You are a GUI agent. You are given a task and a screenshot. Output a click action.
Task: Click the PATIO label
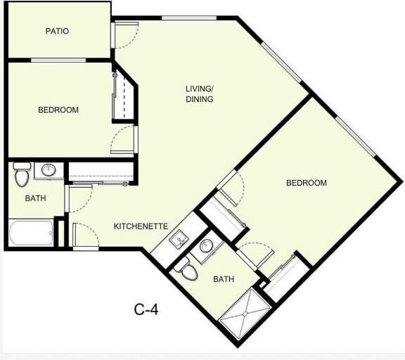[x=58, y=31]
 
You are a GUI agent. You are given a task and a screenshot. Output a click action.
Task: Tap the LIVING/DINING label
[x=199, y=94]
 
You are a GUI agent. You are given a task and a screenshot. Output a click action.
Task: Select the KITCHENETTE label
[x=141, y=226]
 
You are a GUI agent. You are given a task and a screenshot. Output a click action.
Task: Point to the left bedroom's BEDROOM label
[x=58, y=110]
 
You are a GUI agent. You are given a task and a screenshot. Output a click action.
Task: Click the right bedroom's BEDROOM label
[x=306, y=184]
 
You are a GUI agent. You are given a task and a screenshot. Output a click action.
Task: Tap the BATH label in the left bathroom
[x=35, y=198]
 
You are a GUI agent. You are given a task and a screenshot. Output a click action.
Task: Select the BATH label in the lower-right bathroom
[x=224, y=279]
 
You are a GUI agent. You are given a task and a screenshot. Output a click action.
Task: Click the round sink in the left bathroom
[x=48, y=170]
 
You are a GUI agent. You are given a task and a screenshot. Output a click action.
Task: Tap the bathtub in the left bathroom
[x=31, y=233]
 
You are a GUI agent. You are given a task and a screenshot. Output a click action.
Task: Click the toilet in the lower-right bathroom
[x=186, y=269]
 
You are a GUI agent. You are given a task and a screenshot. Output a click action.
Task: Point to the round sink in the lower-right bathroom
[x=206, y=247]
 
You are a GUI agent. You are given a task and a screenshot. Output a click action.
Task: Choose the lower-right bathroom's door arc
[x=255, y=252]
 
